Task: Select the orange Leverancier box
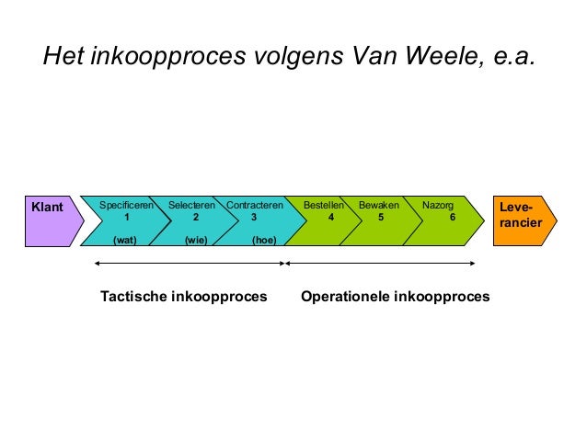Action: click(520, 220)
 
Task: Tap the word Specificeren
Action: click(126, 206)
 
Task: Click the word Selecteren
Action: click(191, 206)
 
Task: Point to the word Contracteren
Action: click(255, 206)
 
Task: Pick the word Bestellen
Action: click(324, 206)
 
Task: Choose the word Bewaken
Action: click(379, 206)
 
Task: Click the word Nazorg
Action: click(437, 206)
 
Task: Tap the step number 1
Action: click(126, 218)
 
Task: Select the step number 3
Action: click(254, 218)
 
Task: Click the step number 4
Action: click(331, 218)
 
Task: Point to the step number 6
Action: click(452, 218)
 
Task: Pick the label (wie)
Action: click(195, 240)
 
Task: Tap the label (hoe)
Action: click(264, 240)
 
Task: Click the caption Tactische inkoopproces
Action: click(183, 297)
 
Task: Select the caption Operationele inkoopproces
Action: click(395, 297)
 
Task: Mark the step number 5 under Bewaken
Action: click(381, 218)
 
